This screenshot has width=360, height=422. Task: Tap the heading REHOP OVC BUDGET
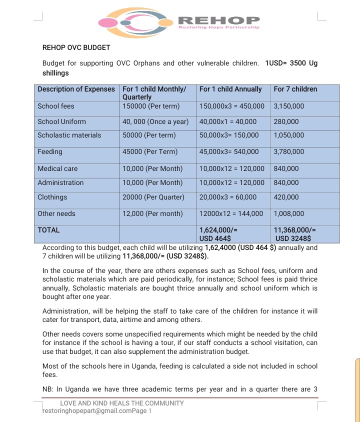[x=76, y=48]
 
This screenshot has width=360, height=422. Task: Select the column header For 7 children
[x=295, y=89]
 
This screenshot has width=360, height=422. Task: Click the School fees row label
[x=56, y=106]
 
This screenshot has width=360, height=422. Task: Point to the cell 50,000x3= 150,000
[x=229, y=135]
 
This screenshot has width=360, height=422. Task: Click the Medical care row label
[x=57, y=168]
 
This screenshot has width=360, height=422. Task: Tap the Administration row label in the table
[x=60, y=182]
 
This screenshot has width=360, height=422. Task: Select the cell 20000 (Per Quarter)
[x=153, y=197]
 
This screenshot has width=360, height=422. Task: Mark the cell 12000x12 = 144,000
[x=231, y=213]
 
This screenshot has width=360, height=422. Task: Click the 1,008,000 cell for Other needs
[x=289, y=213]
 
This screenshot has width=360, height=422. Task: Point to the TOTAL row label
[x=48, y=230]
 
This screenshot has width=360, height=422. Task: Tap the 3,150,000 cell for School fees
[x=289, y=106]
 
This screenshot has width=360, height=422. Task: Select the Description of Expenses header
[x=76, y=89]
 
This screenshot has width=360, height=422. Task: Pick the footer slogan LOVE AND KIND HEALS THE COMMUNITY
[x=122, y=403]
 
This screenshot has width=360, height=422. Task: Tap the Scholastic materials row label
[x=69, y=135]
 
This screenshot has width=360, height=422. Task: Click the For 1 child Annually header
[x=230, y=89]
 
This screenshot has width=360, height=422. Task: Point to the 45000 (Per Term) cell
[x=150, y=151]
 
